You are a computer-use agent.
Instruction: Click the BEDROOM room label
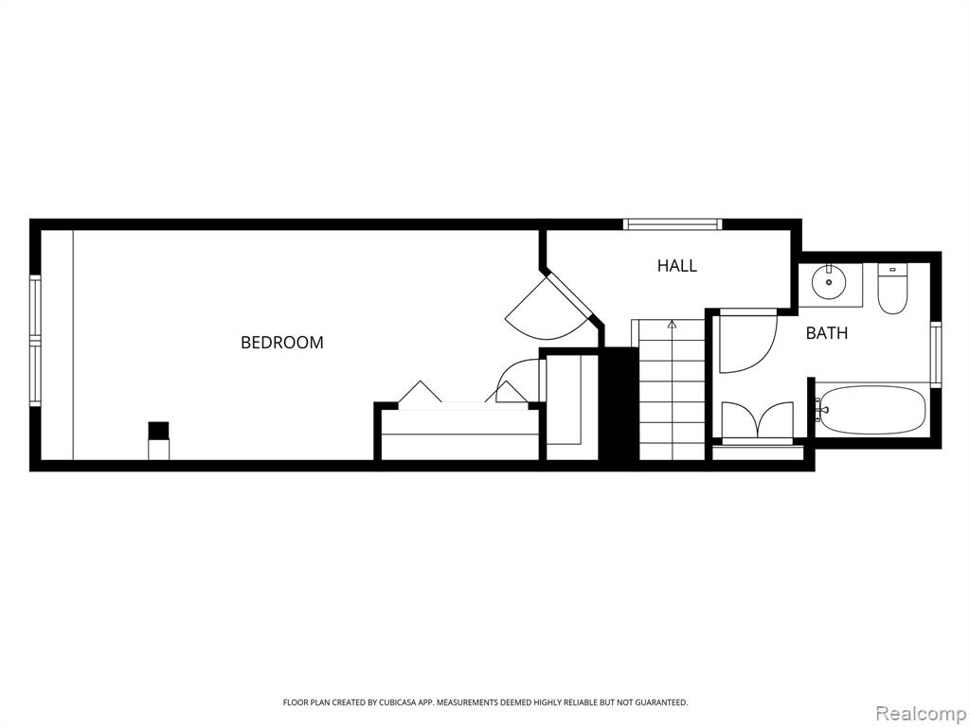coord(282,343)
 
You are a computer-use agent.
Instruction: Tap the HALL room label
coord(676,266)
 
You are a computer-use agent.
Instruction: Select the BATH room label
coord(826,333)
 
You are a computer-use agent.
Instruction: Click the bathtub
coord(872,409)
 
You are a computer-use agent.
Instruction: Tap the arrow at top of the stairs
coord(672,323)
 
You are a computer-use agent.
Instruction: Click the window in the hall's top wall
coord(673,223)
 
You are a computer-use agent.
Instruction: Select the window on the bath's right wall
coord(935,354)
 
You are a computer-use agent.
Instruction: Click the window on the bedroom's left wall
coord(35,341)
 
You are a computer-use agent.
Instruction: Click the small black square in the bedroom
coord(158,431)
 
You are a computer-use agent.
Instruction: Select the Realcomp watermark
coord(922,713)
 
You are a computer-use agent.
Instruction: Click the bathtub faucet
coord(819,410)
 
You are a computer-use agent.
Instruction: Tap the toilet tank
coord(892,270)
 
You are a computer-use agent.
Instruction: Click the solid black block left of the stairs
coord(620,404)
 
